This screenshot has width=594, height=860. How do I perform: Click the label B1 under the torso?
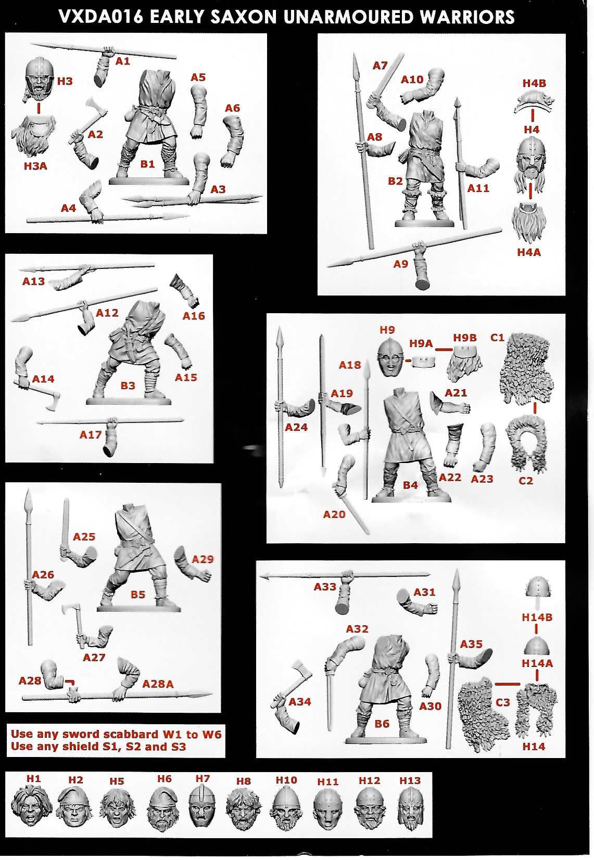[x=147, y=164]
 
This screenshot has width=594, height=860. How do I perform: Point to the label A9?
[x=400, y=264]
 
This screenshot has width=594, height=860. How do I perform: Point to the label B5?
[x=138, y=594]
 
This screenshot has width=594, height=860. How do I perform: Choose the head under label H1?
[x=33, y=806]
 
